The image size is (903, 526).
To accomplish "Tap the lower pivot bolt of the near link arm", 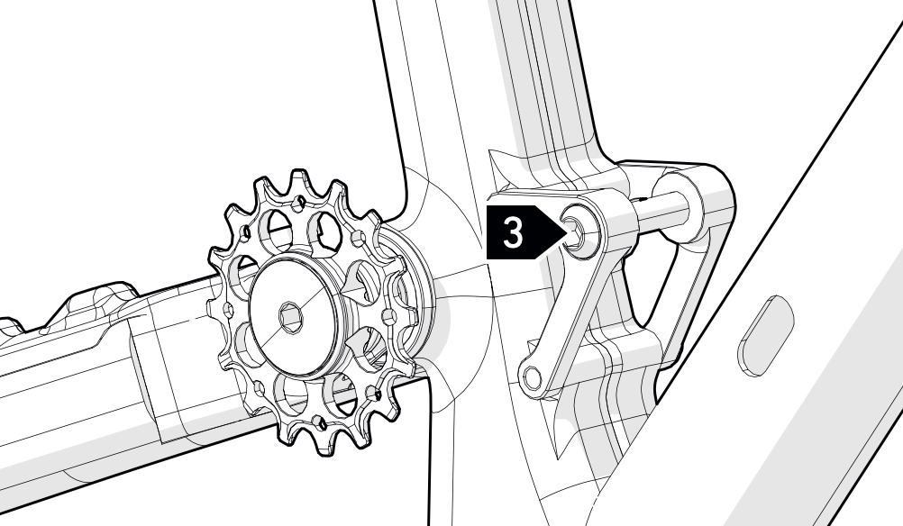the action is [x=531, y=378].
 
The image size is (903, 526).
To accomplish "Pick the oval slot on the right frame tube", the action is [x=766, y=336].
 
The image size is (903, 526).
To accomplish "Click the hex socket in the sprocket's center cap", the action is [x=290, y=318].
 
